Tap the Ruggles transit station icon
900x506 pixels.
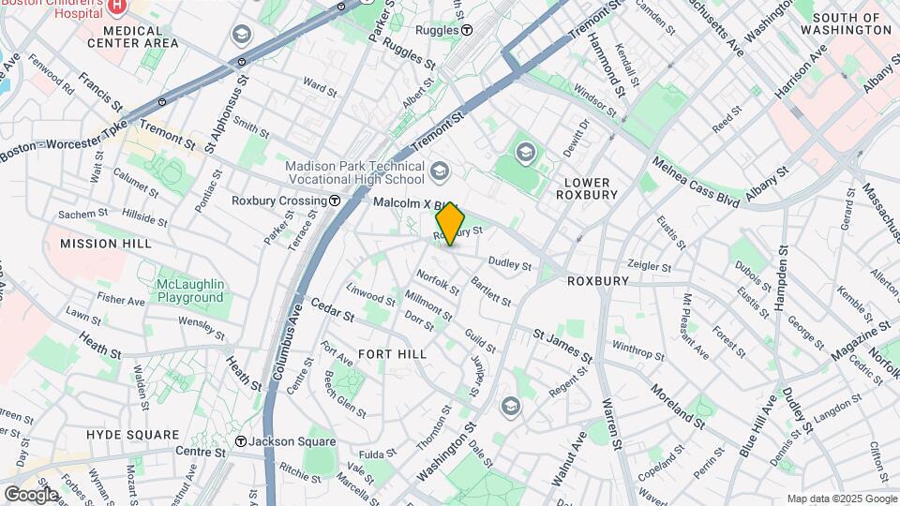(x=467, y=30)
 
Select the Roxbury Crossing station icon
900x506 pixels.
(x=335, y=201)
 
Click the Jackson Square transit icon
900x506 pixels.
(x=241, y=441)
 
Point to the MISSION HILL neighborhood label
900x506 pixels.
(x=105, y=244)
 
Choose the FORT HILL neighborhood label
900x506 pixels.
(x=392, y=354)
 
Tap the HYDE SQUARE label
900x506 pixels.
(x=132, y=435)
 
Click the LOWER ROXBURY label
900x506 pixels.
(x=587, y=188)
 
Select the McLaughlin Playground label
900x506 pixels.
(x=189, y=291)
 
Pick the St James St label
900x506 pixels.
(x=562, y=345)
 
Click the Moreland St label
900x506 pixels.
(x=677, y=404)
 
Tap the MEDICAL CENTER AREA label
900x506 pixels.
(x=132, y=37)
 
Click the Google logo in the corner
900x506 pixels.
(x=31, y=494)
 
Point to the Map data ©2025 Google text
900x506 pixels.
(x=840, y=499)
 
